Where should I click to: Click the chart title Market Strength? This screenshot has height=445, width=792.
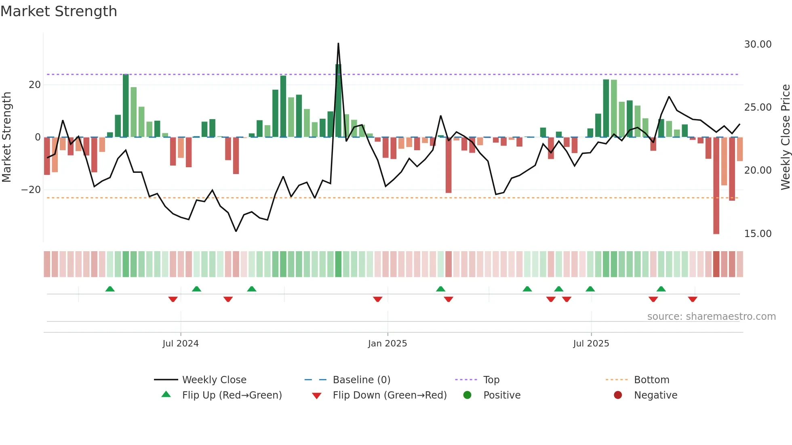(59, 11)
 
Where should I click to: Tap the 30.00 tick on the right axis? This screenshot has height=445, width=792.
(758, 44)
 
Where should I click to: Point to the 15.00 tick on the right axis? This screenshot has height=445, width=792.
(758, 234)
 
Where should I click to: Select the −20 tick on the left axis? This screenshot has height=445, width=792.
(31, 190)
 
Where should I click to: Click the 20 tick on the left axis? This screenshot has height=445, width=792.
(35, 85)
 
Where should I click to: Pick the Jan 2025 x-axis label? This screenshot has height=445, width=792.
(387, 344)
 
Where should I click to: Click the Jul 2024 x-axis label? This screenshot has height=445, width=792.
(180, 344)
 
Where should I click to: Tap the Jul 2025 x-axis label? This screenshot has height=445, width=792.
(591, 344)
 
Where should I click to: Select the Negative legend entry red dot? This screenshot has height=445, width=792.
(618, 395)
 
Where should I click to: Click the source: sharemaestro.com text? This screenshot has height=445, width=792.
(711, 317)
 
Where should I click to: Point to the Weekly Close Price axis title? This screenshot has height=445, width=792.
(785, 137)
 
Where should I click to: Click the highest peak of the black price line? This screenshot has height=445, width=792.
(338, 44)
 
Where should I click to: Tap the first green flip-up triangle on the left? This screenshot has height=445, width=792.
(110, 289)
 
